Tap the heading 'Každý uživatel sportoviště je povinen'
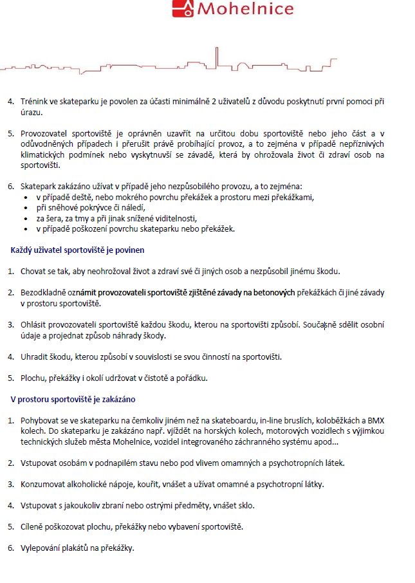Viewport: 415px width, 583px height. click(x=77, y=250)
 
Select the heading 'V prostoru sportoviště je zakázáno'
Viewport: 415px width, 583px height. click(x=73, y=399)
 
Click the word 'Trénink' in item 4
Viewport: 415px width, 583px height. click(x=35, y=102)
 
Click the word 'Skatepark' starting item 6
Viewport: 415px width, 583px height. click(x=39, y=186)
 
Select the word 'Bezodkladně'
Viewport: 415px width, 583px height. click(x=44, y=292)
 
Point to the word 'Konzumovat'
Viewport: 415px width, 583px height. click(x=44, y=484)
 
